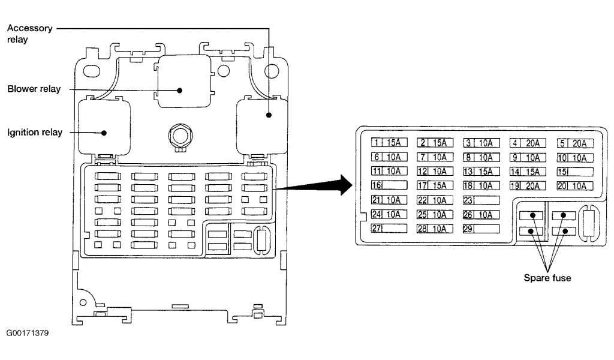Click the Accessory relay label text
tap(30, 34)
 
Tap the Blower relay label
tap(34, 89)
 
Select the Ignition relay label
tap(35, 132)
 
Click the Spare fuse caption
tap(547, 278)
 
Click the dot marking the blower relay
tap(179, 90)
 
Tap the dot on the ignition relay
tap(104, 133)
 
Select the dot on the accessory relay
tap(269, 114)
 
